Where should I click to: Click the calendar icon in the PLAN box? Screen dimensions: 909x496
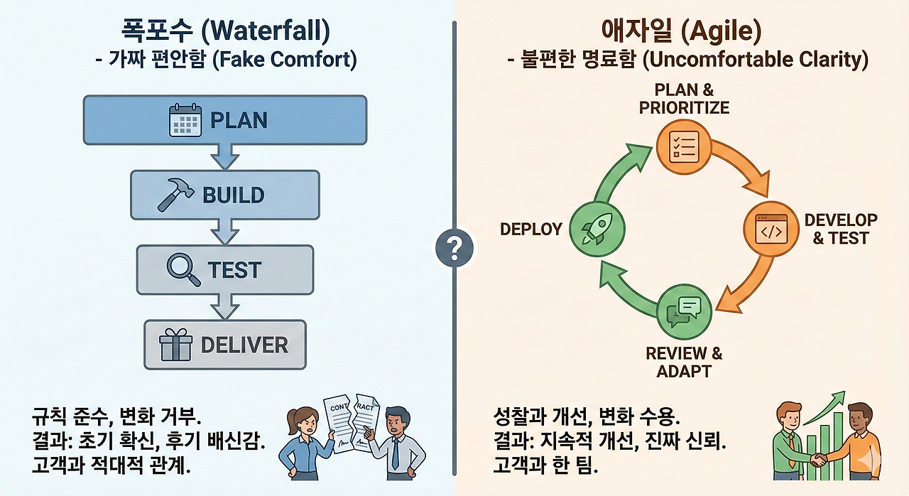(185, 120)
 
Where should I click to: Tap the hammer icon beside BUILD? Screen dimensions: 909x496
(175, 195)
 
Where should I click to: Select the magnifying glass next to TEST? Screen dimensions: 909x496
(183, 269)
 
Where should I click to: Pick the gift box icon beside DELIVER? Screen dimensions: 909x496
(175, 345)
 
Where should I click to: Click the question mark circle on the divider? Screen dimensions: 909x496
(454, 247)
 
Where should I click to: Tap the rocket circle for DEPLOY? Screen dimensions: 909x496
(597, 229)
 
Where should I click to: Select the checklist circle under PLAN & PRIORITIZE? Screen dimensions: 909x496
(684, 146)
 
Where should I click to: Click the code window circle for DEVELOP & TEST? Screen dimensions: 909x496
(771, 229)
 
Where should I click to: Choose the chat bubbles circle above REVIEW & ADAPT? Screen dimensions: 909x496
(684, 312)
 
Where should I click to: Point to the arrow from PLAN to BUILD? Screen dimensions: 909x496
(225, 156)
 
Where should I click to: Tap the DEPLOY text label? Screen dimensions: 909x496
(530, 230)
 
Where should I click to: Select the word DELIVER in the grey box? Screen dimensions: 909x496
(244, 345)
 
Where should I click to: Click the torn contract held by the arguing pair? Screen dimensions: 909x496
(352, 423)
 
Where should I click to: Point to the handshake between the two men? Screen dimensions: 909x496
(819, 460)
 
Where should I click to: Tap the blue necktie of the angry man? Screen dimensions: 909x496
(396, 453)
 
